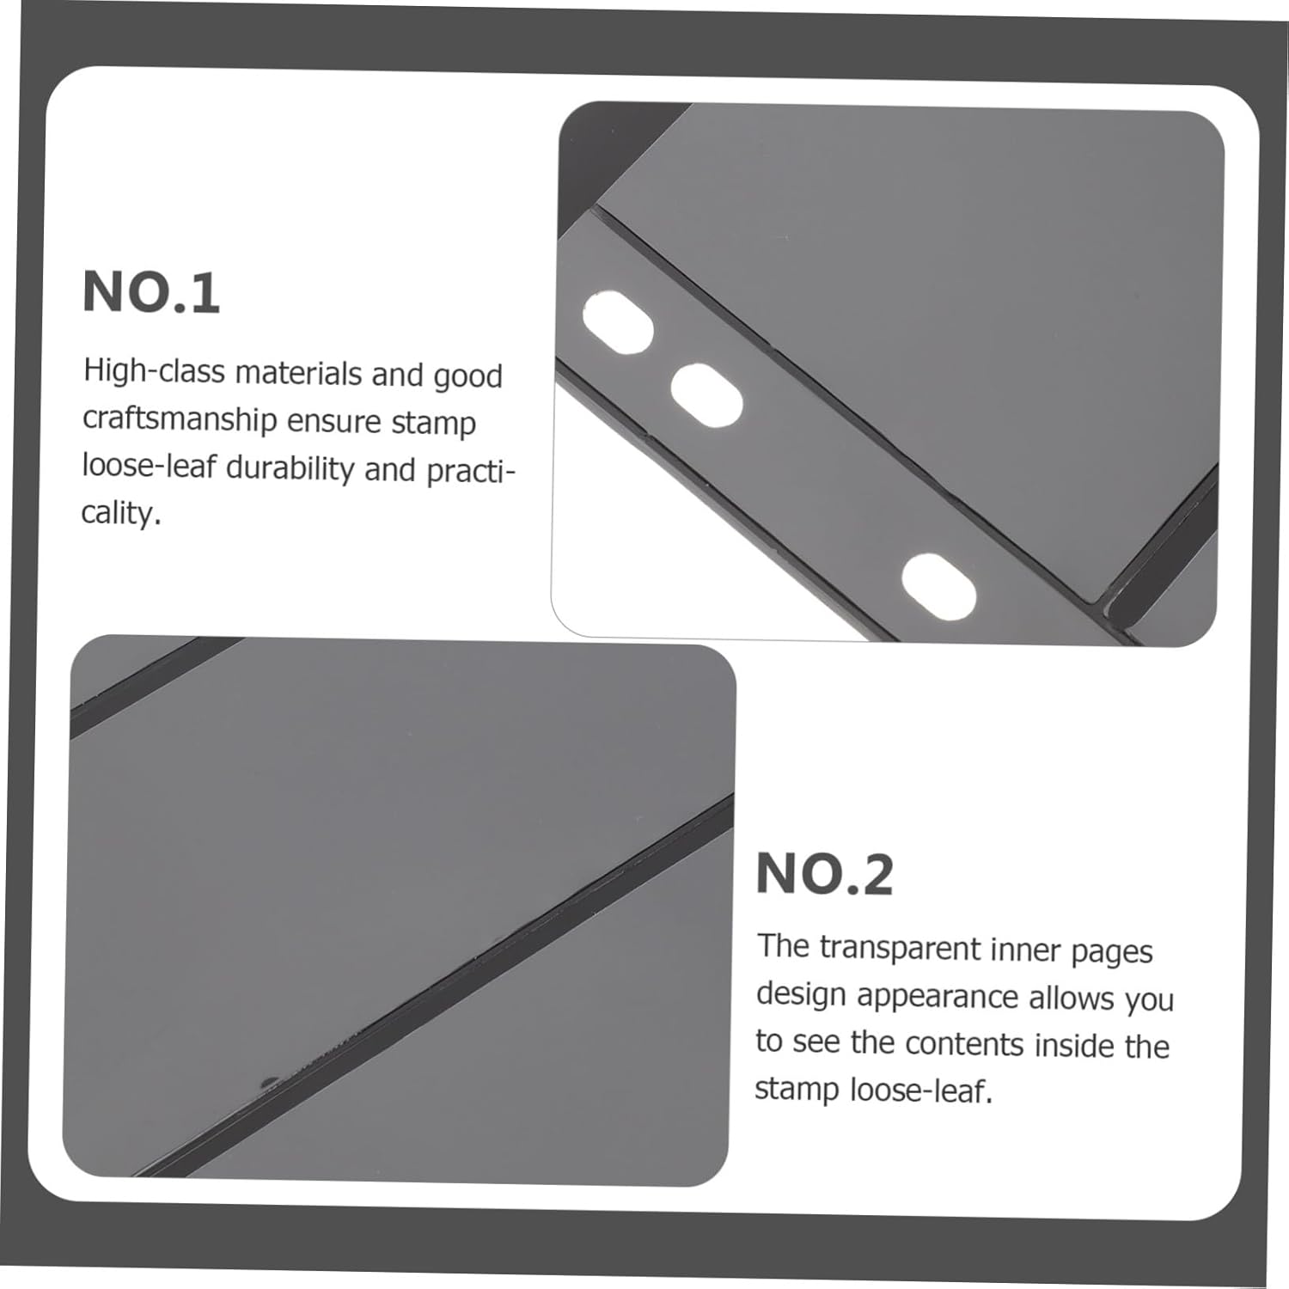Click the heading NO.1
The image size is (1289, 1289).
[151, 292]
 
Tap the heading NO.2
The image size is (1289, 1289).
[825, 875]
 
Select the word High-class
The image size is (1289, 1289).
[154, 372]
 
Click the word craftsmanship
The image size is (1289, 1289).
[180, 420]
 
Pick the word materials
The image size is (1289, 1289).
[298, 374]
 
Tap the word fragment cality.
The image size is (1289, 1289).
[121, 514]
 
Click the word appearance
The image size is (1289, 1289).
[938, 997]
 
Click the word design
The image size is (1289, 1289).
[801, 995]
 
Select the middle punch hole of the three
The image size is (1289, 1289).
[706, 395]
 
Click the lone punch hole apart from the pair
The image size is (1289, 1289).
[938, 587]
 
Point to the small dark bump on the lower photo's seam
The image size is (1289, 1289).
[269, 1080]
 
